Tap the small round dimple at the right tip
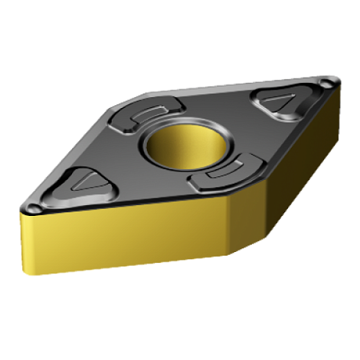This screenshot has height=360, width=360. pos(325,85)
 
